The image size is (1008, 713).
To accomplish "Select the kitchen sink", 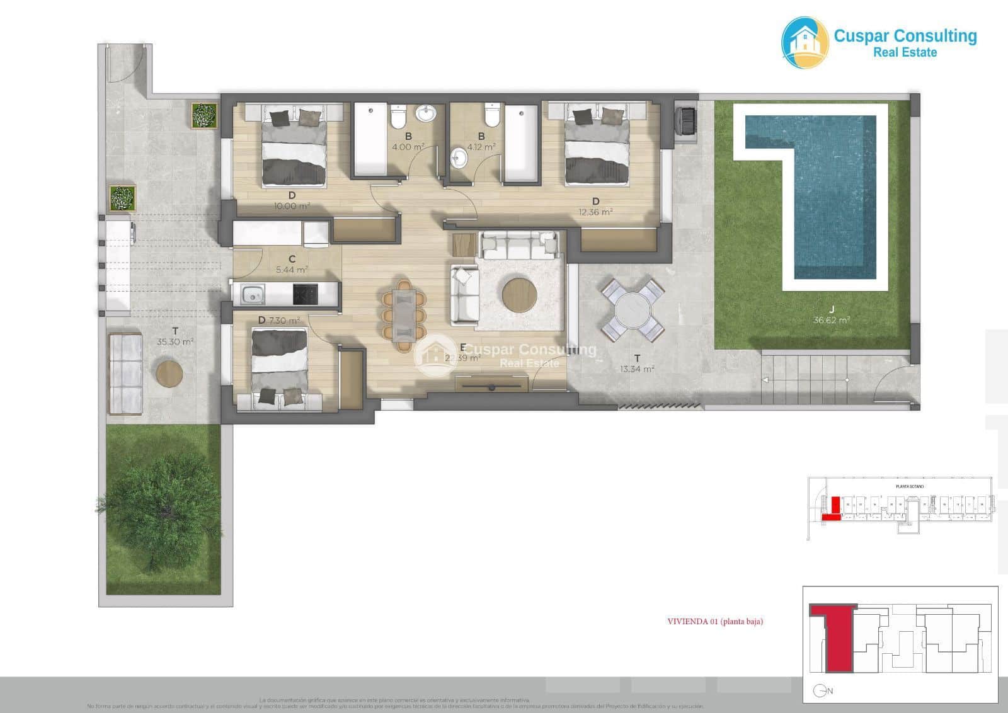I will pyautogui.click(x=253, y=294).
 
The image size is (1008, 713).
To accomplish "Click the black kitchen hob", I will pyautogui.click(x=305, y=294).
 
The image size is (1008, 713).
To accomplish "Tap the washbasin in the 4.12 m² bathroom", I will pyautogui.click(x=461, y=157).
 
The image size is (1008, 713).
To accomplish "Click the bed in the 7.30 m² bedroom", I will pyautogui.click(x=280, y=368).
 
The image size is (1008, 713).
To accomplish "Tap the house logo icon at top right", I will pyautogui.click(x=805, y=42).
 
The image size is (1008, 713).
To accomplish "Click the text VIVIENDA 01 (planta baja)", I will pyautogui.click(x=715, y=622).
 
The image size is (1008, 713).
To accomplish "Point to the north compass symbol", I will pyautogui.click(x=820, y=691).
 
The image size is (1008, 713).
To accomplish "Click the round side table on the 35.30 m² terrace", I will pyautogui.click(x=169, y=374).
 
